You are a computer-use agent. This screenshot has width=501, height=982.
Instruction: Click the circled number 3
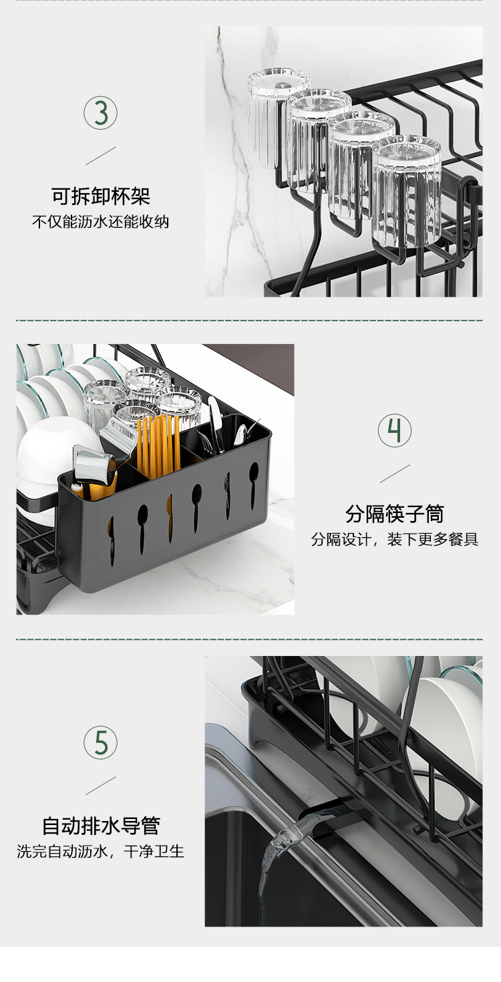(x=100, y=113)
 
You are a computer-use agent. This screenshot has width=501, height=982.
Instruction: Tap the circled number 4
(x=395, y=431)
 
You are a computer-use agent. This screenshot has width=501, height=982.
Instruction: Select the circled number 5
(x=100, y=742)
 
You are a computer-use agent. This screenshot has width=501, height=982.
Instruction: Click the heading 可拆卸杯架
(x=101, y=196)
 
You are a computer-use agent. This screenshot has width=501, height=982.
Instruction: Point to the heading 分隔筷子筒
(x=395, y=514)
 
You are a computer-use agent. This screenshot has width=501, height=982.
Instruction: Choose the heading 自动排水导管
(x=101, y=826)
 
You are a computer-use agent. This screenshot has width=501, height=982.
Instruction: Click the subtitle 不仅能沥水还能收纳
(x=101, y=222)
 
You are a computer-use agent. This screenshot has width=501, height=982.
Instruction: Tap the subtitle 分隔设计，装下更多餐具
(x=395, y=539)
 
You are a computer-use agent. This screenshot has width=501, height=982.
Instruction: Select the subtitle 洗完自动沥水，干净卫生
(x=101, y=852)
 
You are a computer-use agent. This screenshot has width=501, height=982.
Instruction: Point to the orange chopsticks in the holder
(x=159, y=444)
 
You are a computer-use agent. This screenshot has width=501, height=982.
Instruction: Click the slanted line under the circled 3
(x=100, y=156)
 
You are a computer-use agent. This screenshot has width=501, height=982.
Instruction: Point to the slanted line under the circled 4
(x=395, y=474)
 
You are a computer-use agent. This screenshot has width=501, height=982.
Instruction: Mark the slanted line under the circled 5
(x=100, y=785)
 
